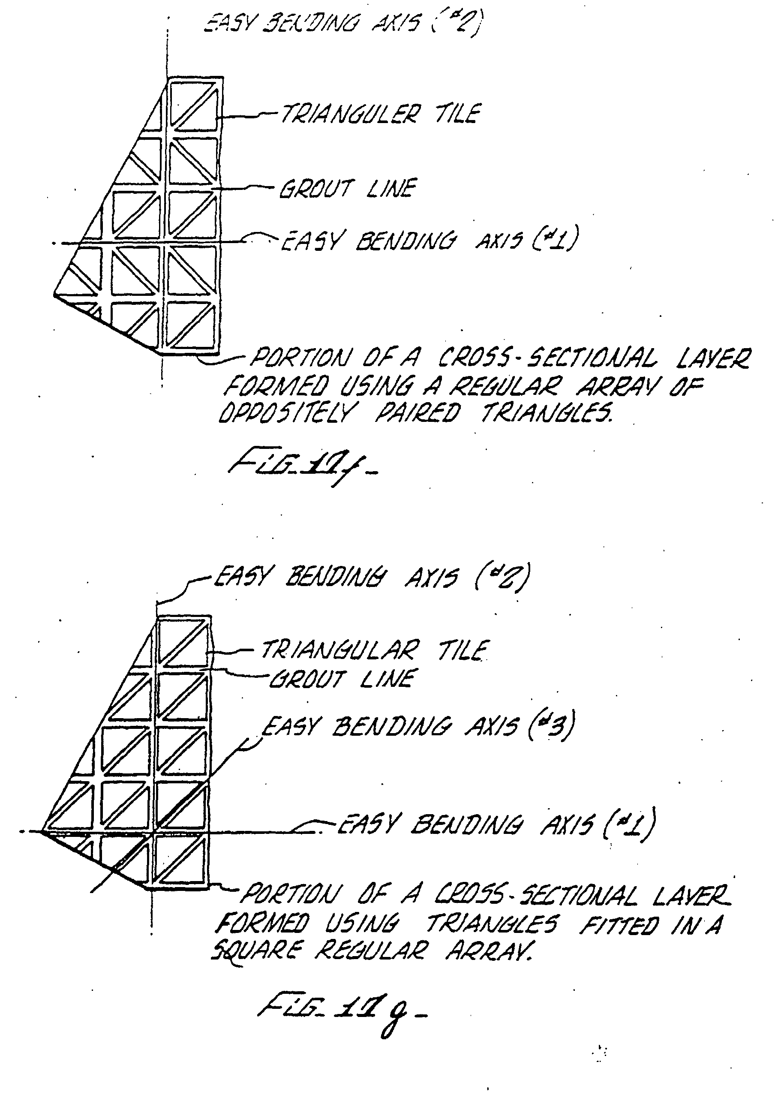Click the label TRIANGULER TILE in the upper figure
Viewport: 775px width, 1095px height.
coord(380,114)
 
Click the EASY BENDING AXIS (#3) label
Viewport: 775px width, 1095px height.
coord(418,727)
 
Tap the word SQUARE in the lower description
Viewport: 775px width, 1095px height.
coord(257,951)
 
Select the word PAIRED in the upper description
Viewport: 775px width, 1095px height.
coord(418,413)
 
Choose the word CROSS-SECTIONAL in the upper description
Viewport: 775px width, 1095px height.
coord(547,358)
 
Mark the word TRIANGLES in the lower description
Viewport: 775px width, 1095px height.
coord(492,924)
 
